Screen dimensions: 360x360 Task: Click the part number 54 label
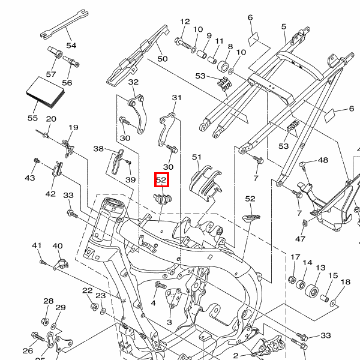(71, 46)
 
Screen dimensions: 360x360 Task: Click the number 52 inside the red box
(161, 179)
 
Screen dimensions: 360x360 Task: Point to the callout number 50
(162, 59)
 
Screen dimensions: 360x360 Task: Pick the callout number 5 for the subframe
(284, 26)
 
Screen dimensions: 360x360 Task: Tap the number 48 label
(323, 160)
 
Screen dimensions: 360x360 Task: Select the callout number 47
(300, 239)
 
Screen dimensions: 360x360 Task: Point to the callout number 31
(176, 98)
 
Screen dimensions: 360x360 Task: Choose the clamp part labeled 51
(203, 181)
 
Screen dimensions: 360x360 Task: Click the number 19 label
(74, 127)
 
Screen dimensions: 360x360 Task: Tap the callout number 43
(30, 178)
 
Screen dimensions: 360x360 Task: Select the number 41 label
(37, 245)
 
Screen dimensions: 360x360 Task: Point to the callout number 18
(345, 282)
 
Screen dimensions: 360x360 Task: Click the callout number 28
(48, 301)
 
